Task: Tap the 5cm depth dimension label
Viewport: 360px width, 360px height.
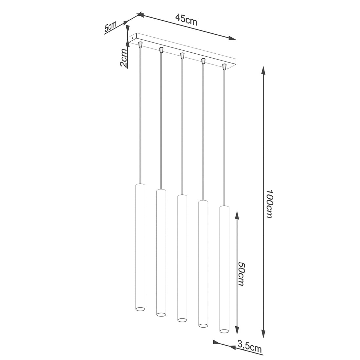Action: pos(110,27)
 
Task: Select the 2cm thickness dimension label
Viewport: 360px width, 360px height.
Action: pos(123,58)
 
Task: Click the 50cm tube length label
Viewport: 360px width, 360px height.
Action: pos(242,273)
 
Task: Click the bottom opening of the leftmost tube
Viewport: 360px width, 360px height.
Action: pos(140,309)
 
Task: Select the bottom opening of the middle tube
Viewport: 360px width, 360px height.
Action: pos(182,319)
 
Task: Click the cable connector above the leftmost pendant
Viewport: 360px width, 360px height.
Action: pos(140,44)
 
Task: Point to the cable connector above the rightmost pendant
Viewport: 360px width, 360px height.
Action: pos(224,66)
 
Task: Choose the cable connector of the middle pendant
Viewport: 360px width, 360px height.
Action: pos(182,55)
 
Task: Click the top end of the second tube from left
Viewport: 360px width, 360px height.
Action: pos(161,190)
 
